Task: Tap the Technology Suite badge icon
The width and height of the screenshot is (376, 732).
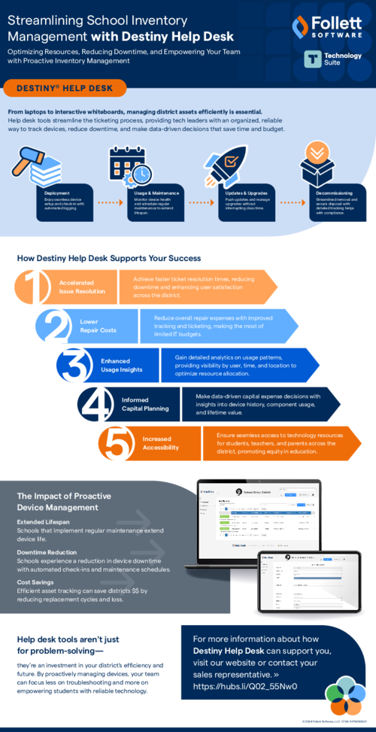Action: click(314, 60)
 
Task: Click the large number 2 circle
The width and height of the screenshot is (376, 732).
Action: click(52, 325)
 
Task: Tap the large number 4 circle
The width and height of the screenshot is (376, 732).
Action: click(96, 404)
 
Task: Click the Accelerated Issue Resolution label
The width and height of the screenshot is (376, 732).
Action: click(78, 287)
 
